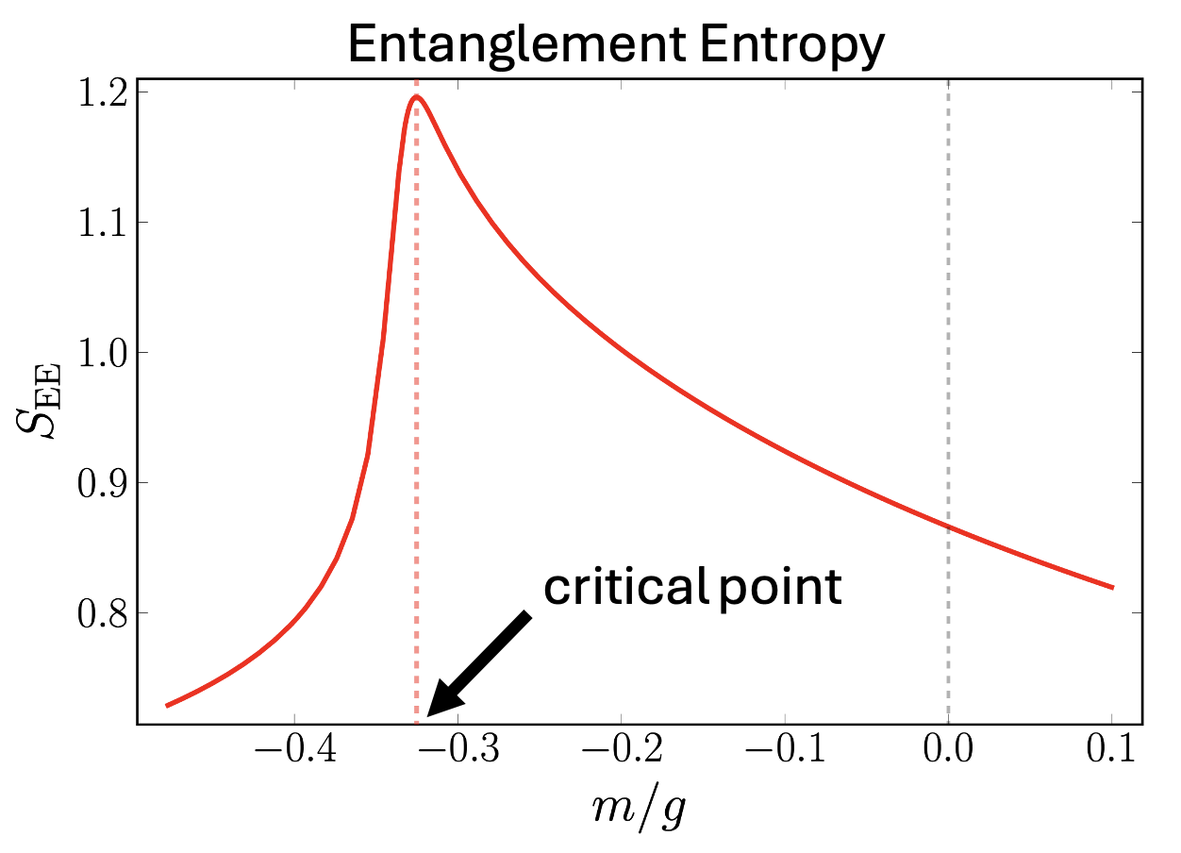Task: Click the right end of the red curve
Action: [1112, 587]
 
